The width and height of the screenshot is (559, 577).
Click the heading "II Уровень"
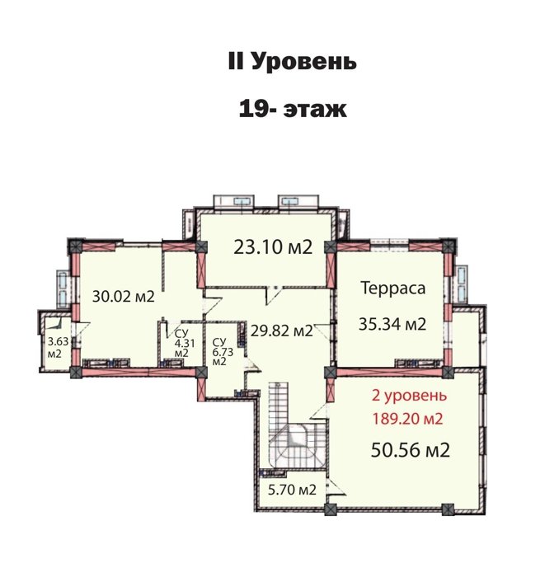point(292,62)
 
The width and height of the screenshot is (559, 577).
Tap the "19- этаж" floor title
point(293,110)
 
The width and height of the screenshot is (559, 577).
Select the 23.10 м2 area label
point(273,247)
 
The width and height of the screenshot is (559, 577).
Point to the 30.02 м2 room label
point(123,296)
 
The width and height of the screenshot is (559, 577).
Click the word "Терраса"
point(392,288)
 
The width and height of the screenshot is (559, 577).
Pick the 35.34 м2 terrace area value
point(392,324)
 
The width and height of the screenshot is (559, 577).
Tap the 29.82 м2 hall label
point(281,331)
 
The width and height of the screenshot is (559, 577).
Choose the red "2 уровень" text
point(410,396)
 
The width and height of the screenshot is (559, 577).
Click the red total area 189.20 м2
point(407,419)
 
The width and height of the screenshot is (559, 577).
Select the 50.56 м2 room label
point(411,450)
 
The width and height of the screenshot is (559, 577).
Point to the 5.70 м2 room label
point(292,490)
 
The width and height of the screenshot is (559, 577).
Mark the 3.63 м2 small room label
point(58,347)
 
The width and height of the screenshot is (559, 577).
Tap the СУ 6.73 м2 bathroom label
point(223,352)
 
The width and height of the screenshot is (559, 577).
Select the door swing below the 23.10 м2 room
point(273,295)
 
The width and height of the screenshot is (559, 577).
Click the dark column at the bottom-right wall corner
point(448,509)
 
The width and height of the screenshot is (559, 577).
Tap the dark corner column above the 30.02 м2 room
point(75,246)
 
